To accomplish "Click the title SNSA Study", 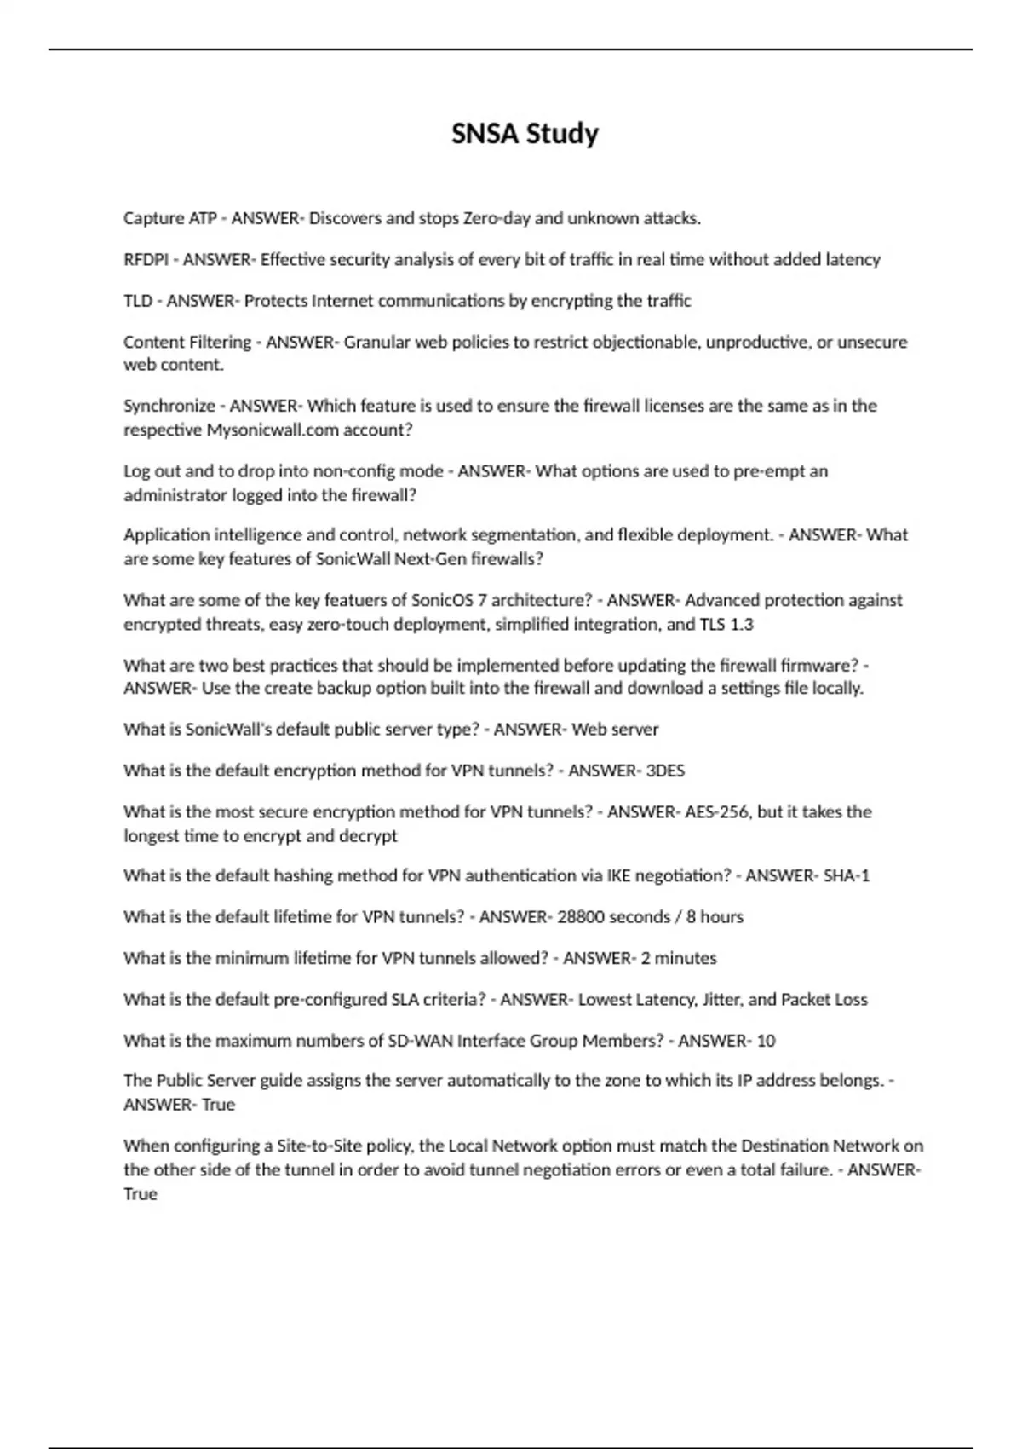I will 525,134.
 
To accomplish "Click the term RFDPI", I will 146,259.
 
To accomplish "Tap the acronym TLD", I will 138,301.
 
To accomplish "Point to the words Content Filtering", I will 187,342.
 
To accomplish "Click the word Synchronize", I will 169,406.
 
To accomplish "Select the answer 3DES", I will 665,771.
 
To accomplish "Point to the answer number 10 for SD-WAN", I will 766,1041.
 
